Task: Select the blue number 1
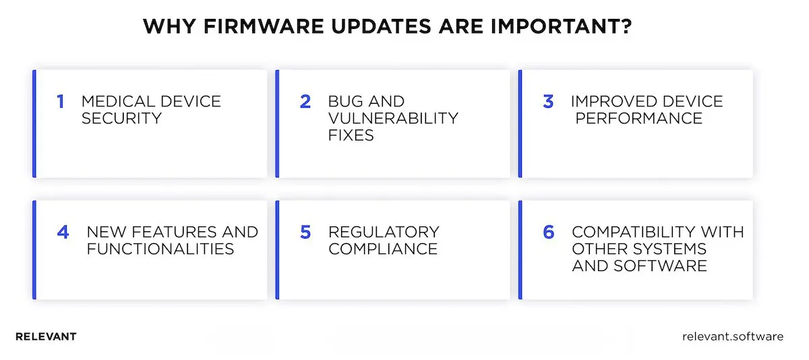[x=60, y=102]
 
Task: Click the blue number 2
[x=305, y=102]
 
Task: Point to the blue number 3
[x=548, y=102]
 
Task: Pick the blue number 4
[x=63, y=233]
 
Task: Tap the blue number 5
[x=305, y=233]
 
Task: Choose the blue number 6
[x=549, y=233]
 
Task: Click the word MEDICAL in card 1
[x=113, y=102]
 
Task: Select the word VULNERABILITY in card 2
[x=393, y=118]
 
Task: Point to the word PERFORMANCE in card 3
[x=638, y=118]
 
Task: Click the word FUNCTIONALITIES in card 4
[x=160, y=249]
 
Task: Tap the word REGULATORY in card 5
[x=384, y=233]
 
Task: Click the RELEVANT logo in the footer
[x=46, y=336]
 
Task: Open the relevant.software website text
[x=733, y=336]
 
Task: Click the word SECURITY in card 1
[x=121, y=118]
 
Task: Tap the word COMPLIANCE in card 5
[x=383, y=249]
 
